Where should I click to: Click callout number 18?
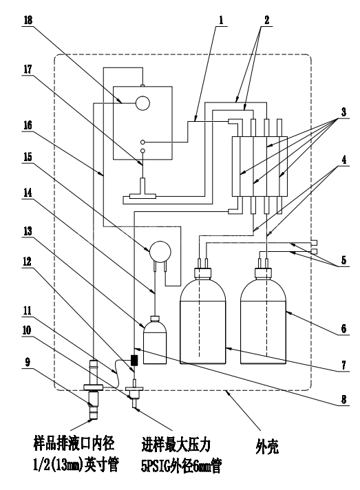[x=28, y=21]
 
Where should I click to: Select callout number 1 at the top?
[x=221, y=21]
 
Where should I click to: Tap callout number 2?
[x=266, y=21]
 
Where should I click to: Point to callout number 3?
[x=343, y=112]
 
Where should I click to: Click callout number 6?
[x=343, y=328]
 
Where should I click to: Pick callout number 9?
[x=28, y=362]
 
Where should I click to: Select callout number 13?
[x=28, y=231]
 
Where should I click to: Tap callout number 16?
[x=28, y=125]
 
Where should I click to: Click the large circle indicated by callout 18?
[x=142, y=103]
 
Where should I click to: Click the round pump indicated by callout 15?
[x=160, y=251]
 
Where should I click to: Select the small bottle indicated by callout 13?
[x=155, y=340]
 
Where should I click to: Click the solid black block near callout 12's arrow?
[x=134, y=361]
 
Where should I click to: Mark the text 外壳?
[x=267, y=446]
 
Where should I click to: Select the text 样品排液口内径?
[x=74, y=443]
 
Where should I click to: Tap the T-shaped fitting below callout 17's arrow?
[x=142, y=190]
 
